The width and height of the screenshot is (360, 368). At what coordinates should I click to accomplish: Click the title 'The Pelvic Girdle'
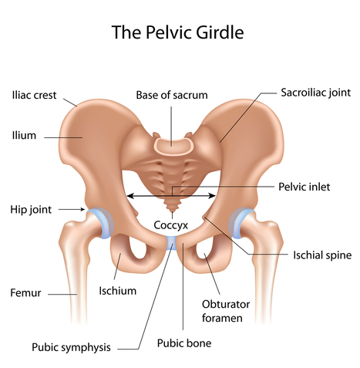[x=177, y=32]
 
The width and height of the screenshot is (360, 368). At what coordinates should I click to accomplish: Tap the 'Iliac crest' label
[x=34, y=95]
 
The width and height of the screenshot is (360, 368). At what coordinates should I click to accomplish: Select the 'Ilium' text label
[x=24, y=135]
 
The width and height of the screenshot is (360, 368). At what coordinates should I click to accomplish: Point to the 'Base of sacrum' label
[x=172, y=95]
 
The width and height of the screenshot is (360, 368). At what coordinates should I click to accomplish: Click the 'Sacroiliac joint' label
[x=315, y=93]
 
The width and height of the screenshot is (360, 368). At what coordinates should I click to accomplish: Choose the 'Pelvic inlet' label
[x=304, y=187]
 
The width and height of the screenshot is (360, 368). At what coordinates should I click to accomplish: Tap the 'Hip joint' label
[x=31, y=210]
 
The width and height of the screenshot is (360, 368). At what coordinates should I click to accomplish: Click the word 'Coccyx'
[x=171, y=225]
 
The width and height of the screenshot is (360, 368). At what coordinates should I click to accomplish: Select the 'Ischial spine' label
[x=322, y=255]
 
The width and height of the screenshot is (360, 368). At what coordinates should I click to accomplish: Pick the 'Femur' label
[x=25, y=293]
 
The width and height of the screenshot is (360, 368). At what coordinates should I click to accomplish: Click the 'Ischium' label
[x=117, y=291]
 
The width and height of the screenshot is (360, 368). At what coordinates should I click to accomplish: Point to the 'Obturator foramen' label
[x=226, y=311]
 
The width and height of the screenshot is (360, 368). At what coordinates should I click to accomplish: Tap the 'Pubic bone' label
[x=184, y=343]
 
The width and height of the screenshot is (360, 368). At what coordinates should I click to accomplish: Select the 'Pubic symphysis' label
[x=71, y=347]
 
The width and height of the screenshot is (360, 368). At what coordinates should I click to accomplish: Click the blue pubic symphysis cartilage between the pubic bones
[x=171, y=243]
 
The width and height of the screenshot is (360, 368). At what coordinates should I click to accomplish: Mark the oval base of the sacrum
[x=173, y=147]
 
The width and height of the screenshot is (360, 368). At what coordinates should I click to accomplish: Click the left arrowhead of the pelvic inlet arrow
[x=130, y=196]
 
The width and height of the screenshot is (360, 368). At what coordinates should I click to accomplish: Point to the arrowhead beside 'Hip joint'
[x=82, y=210]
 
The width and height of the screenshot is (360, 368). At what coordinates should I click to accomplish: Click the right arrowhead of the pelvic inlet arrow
[x=213, y=196]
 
